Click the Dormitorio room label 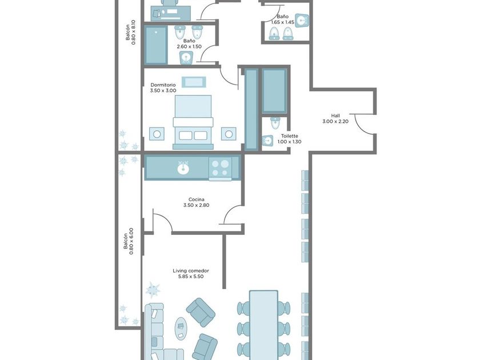click(x=163, y=87)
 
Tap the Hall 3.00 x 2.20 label click(x=335, y=118)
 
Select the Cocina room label click(x=196, y=202)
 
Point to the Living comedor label click(x=191, y=274)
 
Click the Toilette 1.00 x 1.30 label click(x=290, y=139)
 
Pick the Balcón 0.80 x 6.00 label click(x=128, y=241)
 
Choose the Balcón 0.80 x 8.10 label click(x=130, y=33)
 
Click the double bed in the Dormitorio click(x=193, y=122)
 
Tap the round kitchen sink click(x=183, y=168)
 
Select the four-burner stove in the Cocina click(x=221, y=168)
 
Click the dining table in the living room click(x=263, y=325)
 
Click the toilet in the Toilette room click(x=275, y=122)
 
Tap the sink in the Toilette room click(x=267, y=141)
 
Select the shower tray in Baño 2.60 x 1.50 click(x=156, y=45)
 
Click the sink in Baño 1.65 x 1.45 click(x=302, y=21)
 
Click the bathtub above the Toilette click(x=275, y=91)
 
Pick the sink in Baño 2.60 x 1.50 click(x=186, y=58)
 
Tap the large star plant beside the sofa click(x=153, y=290)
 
